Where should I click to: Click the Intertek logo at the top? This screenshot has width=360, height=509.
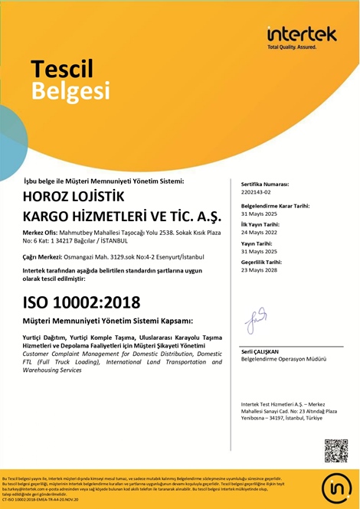[x=301, y=36]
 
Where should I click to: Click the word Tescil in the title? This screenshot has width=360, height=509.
[x=62, y=69]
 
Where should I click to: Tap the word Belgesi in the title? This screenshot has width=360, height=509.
[x=70, y=91]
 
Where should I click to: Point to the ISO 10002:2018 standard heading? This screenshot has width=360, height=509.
[x=76, y=302]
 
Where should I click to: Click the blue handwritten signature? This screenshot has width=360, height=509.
[x=255, y=320]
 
